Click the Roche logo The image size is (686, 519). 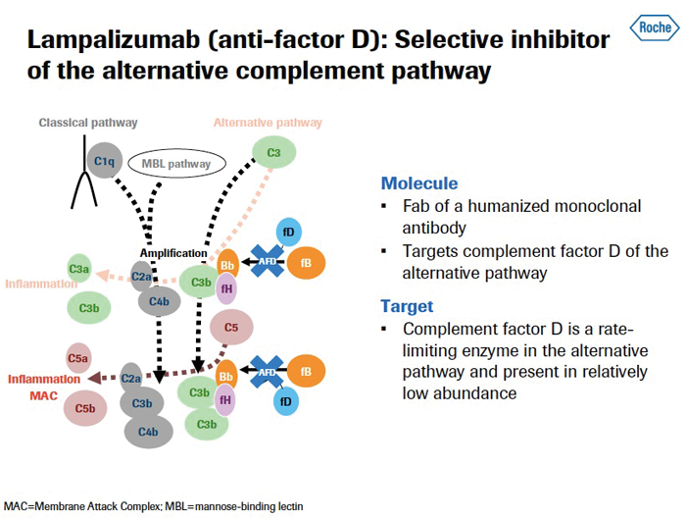tap(654, 26)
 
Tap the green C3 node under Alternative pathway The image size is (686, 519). tap(273, 153)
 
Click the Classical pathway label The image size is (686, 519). tap(88, 123)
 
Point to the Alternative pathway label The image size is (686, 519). tap(268, 123)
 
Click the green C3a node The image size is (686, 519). tap(79, 267)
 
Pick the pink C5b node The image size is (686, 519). tap(84, 407)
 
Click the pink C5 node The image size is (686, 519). tap(231, 328)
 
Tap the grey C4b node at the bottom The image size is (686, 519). tap(148, 431)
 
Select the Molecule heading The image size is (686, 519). tap(419, 183)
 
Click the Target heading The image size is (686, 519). tap(407, 305)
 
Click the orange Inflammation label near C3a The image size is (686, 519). tap(41, 285)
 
